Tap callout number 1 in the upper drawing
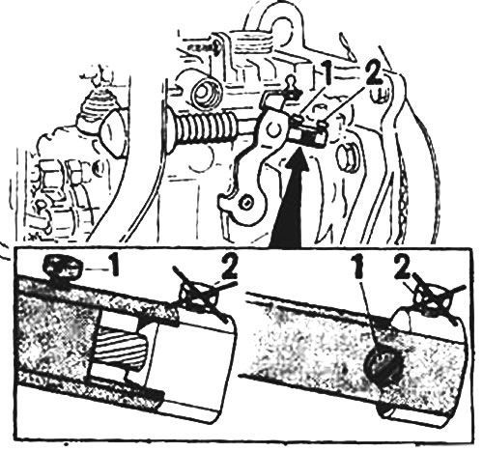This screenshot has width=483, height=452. tap(327, 73)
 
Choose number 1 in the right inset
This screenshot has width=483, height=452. tap(361, 266)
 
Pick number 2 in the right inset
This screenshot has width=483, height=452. tap(403, 266)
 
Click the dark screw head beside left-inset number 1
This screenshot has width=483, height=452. tap(63, 267)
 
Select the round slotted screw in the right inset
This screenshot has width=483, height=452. tap(384, 367)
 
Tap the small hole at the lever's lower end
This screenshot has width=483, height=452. tap(247, 202)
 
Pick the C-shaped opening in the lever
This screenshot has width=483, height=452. tap(274, 129)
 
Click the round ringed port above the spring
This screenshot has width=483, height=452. tap(206, 92)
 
